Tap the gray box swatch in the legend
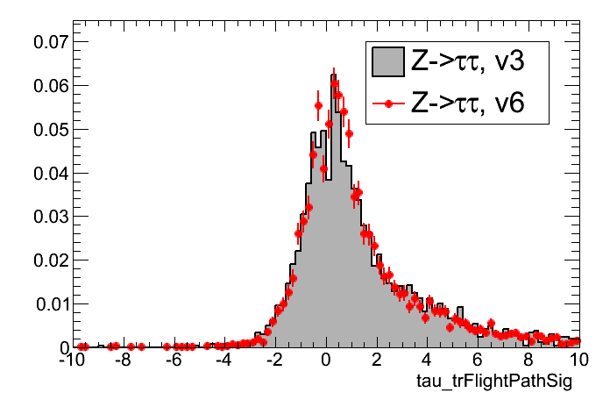(x=387, y=62)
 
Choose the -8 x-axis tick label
(x=122, y=360)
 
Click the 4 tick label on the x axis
(x=427, y=360)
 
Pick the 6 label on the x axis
(x=478, y=360)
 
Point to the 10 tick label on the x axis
(x=578, y=360)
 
